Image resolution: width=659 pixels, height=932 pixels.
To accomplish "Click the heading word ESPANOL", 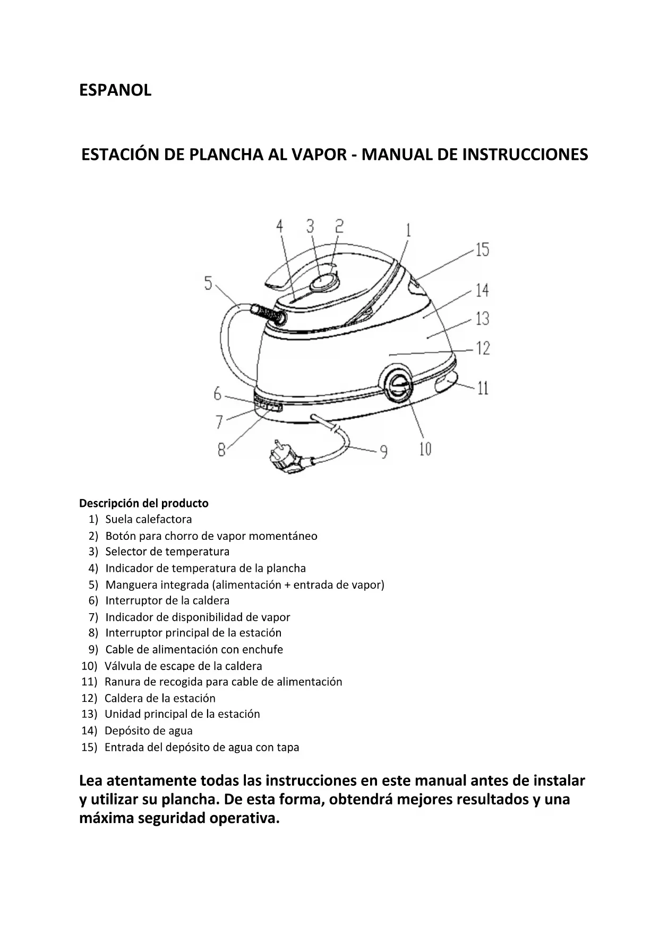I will (x=115, y=90).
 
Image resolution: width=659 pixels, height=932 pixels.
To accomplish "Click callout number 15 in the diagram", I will (x=482, y=250).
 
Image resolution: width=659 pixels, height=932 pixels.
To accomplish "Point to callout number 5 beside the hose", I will (x=209, y=283).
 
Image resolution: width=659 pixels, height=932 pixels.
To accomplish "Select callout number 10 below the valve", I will (x=425, y=449).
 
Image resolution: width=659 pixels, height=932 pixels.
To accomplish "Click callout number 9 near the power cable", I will (x=383, y=452).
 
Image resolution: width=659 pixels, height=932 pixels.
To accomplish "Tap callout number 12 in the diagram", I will (x=483, y=349).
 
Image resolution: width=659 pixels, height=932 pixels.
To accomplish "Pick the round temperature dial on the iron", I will (x=323, y=282).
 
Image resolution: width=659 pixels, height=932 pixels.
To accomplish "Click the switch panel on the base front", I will (x=268, y=405).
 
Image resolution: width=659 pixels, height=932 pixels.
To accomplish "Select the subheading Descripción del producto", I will (x=144, y=503).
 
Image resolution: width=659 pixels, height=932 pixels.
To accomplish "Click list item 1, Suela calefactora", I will (x=148, y=519).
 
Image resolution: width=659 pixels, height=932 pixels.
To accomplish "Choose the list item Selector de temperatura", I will (x=167, y=552).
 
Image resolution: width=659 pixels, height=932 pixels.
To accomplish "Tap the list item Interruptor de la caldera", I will (x=167, y=600).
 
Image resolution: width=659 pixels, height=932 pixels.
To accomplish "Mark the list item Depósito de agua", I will (x=148, y=731).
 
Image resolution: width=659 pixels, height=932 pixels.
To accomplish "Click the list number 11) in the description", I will (x=89, y=682).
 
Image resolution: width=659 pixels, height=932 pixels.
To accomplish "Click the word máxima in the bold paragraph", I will (x=106, y=818).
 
